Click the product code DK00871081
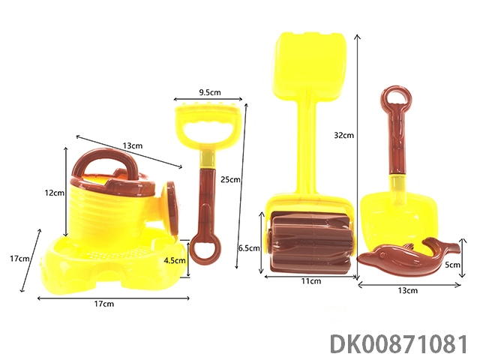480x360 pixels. tap(399, 344)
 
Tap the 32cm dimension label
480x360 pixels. tap(343, 135)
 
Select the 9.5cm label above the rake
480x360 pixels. tap(210, 92)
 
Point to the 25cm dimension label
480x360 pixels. tap(230, 179)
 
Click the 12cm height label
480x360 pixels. tap(55, 193)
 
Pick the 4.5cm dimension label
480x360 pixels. tap(175, 260)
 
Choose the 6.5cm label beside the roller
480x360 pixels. tap(249, 248)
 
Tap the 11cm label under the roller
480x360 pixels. tap(311, 280)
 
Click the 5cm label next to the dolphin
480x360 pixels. tap(452, 265)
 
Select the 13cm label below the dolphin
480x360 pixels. tap(408, 290)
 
